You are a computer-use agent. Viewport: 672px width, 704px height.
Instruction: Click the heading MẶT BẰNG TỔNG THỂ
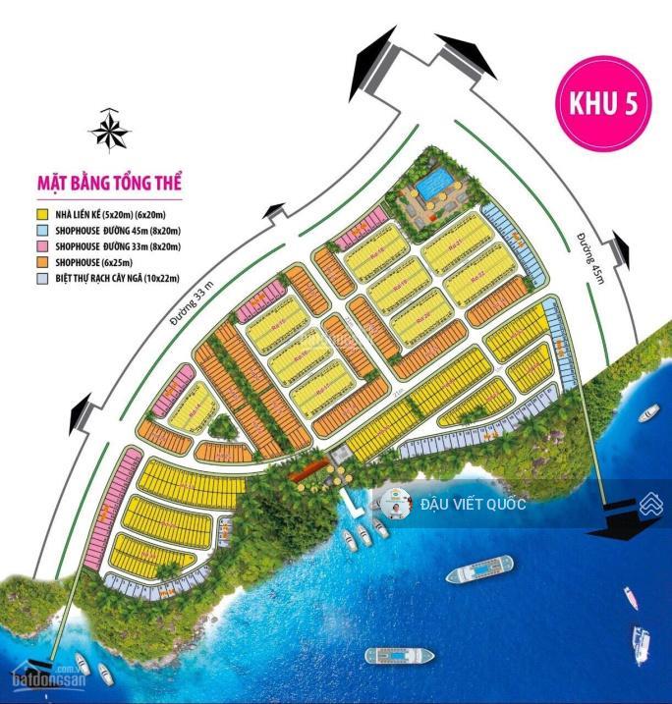(x=110, y=183)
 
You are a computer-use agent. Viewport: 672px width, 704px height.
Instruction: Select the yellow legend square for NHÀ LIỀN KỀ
(x=42, y=213)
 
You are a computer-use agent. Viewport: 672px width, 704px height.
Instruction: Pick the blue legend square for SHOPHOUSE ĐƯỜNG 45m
(x=42, y=230)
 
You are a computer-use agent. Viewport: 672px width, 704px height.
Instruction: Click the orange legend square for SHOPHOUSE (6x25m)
(x=42, y=262)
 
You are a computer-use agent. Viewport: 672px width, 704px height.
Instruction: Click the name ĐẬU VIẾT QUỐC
(x=473, y=505)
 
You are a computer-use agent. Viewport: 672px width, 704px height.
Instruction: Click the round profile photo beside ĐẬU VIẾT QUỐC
(x=397, y=505)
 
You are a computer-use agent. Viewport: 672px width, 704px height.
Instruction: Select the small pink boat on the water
(x=630, y=596)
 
